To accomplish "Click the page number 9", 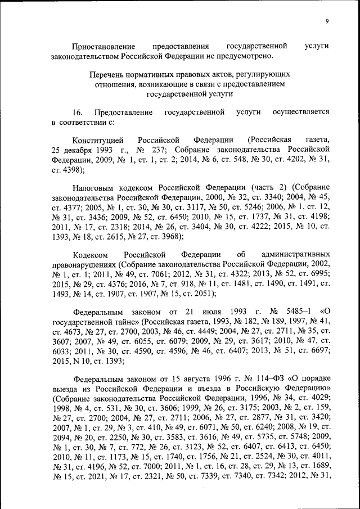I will point(327,22).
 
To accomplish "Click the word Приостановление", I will point(103,46).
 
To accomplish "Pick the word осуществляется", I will point(300,112).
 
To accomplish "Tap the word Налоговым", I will point(93,186).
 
